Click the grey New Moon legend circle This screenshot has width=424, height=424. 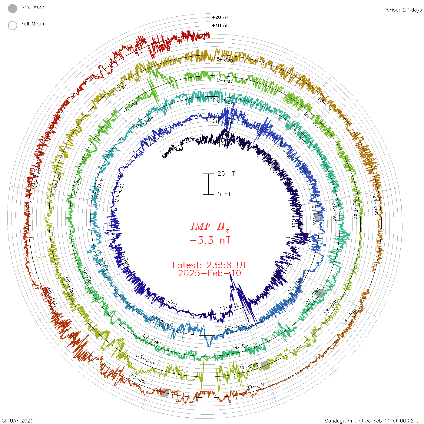point(13,8)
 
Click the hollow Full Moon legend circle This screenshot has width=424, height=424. point(13,25)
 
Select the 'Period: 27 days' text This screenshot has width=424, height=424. point(402,10)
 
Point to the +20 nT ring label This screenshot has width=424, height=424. point(220,17)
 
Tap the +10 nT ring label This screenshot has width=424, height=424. point(220,25)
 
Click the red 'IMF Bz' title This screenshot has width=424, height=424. point(210,227)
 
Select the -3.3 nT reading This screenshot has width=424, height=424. point(210,240)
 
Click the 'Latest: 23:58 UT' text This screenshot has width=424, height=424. point(210,265)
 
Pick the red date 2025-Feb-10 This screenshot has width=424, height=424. point(210,273)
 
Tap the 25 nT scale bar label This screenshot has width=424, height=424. point(226,174)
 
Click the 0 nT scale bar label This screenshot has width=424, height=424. point(224,194)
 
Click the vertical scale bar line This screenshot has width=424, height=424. point(208,184)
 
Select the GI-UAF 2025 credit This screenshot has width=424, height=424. point(17,420)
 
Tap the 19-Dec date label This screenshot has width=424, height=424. point(224,80)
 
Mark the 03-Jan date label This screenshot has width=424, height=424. point(145,359)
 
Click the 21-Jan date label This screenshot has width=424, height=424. point(376,205)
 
